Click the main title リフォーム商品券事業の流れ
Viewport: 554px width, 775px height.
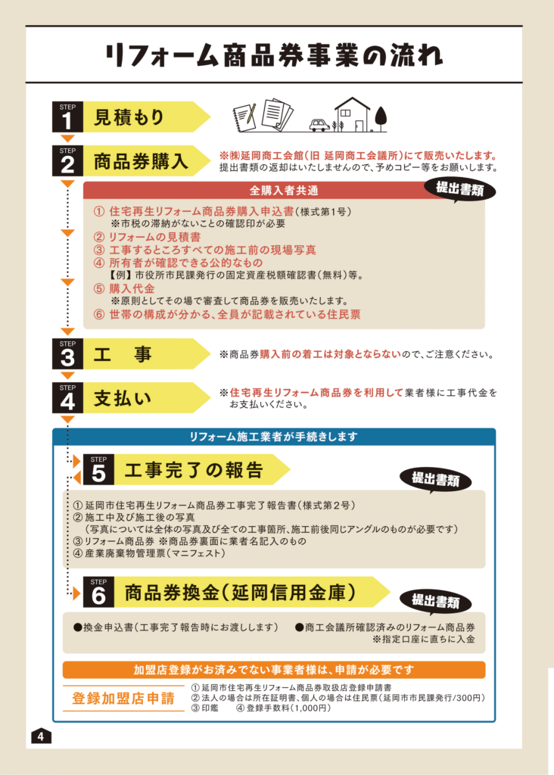tap(273, 54)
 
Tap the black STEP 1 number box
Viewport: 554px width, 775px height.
tap(67, 117)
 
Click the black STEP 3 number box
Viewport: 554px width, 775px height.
tap(67, 354)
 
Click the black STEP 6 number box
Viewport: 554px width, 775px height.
tap(99, 592)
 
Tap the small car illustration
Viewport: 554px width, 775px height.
tap(319, 125)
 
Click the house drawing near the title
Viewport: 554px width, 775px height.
tap(352, 115)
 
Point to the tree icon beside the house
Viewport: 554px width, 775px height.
tap(381, 119)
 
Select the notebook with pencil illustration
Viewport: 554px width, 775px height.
tap(244, 117)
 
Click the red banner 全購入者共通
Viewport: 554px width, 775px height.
tap(284, 190)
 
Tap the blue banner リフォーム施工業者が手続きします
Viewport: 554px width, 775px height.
tap(274, 437)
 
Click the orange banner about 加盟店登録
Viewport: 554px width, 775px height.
tap(274, 671)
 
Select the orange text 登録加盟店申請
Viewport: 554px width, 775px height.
tap(123, 699)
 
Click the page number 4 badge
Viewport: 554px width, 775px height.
tap(41, 736)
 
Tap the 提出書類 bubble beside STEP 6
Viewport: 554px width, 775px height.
tap(435, 601)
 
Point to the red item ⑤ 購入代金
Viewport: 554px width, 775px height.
tap(125, 288)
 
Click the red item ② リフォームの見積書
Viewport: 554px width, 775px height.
tap(148, 237)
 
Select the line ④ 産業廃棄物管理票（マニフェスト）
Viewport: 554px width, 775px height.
tap(149, 553)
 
